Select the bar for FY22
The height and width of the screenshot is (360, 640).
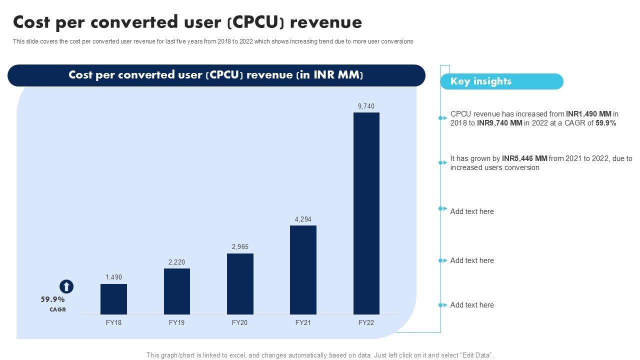click(366, 213)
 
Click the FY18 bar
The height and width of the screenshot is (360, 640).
click(113, 299)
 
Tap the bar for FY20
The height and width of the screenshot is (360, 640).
click(240, 284)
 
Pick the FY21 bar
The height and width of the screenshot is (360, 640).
click(303, 270)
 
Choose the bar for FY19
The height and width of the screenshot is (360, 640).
click(177, 291)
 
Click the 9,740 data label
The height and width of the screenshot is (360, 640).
click(366, 106)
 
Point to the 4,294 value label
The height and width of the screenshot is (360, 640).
click(303, 219)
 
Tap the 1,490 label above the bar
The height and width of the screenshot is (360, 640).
click(113, 277)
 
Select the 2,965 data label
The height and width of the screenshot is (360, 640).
click(240, 247)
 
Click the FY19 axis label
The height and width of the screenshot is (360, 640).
click(177, 323)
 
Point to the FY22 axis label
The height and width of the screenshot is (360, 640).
click(366, 323)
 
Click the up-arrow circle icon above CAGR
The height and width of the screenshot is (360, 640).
click(66, 286)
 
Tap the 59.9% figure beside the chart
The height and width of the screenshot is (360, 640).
click(53, 299)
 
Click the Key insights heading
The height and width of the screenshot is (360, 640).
click(481, 81)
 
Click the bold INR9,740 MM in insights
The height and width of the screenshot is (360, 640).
click(499, 123)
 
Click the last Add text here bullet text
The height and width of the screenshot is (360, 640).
click(472, 305)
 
